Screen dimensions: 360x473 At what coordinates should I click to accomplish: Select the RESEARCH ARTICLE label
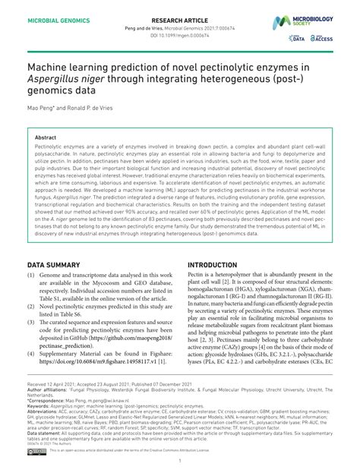[181, 13]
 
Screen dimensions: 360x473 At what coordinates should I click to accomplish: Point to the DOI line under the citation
[180, 34]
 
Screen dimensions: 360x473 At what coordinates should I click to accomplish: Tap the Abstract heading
[46, 137]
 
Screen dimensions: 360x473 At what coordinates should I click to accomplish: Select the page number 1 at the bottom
[180, 460]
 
